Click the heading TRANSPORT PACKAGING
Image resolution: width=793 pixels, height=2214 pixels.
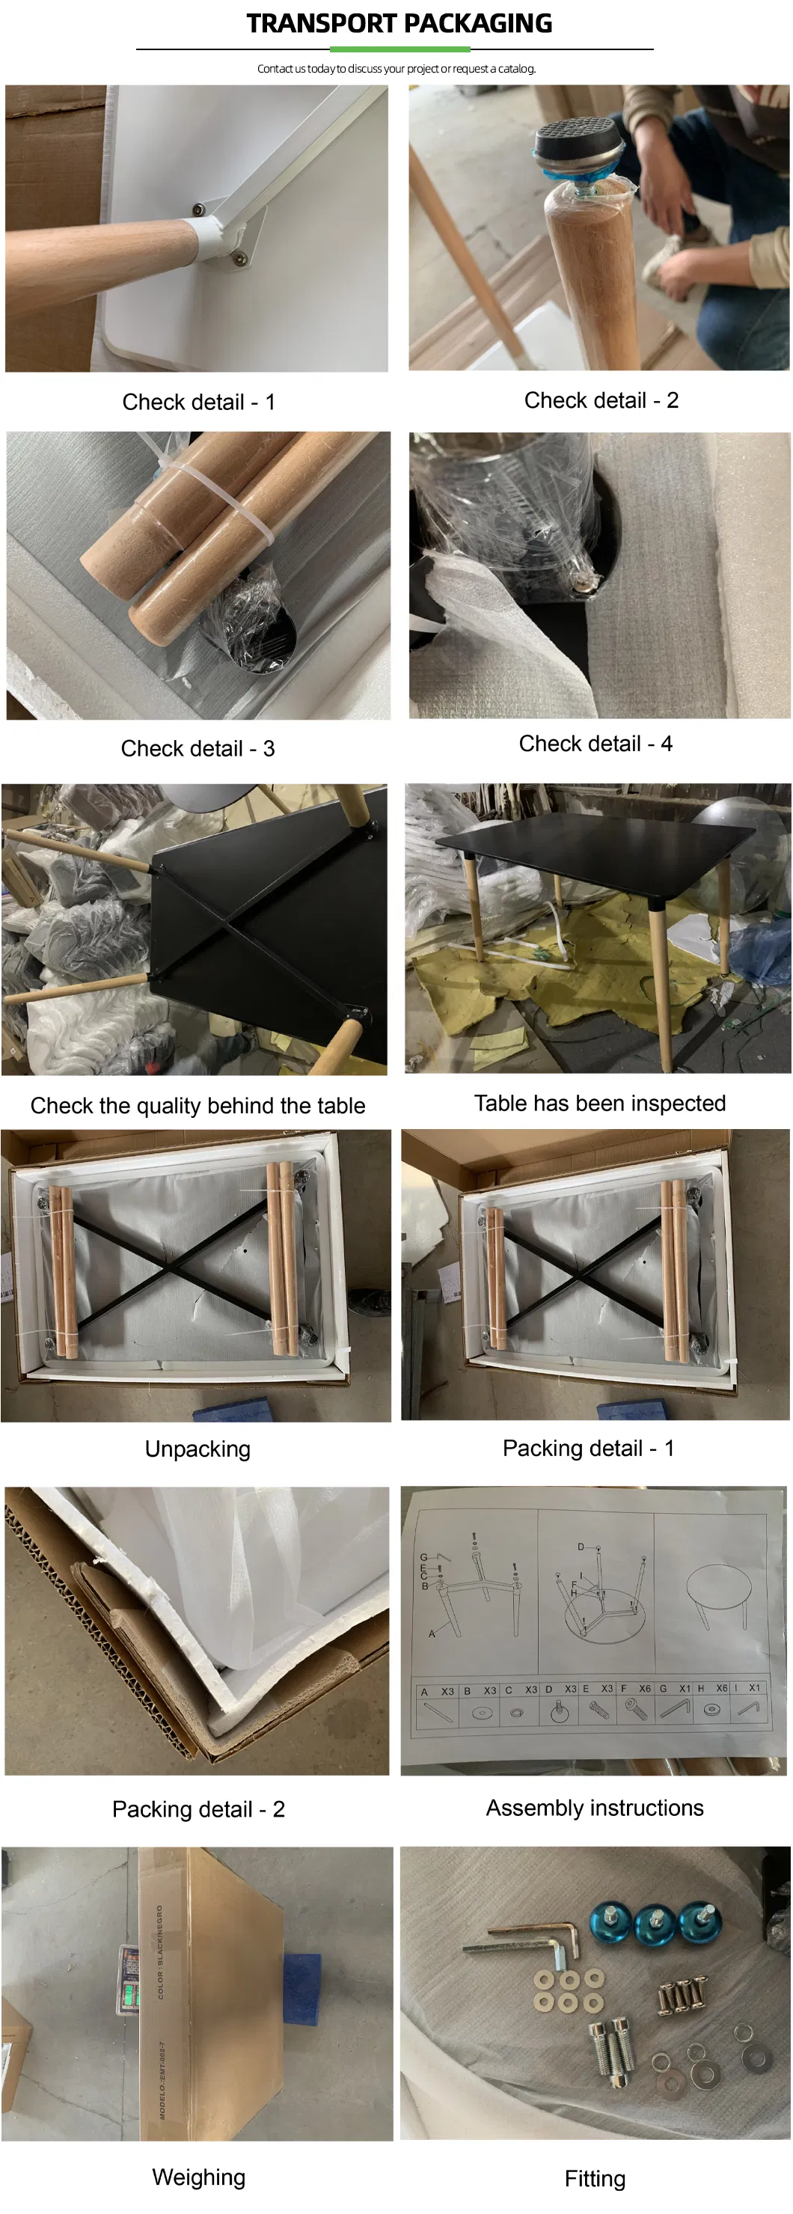[x=399, y=23]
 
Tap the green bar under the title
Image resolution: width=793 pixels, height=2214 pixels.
[x=399, y=49]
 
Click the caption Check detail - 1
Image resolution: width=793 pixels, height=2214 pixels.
[x=198, y=403]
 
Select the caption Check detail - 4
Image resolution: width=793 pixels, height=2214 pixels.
[x=595, y=744]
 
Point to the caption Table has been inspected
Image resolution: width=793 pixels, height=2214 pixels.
[x=600, y=1103]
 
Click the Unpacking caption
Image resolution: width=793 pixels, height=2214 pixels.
[x=198, y=1449]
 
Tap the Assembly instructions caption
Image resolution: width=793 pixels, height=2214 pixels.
[x=595, y=1808]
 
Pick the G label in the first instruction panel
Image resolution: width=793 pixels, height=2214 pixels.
[x=423, y=1556]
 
